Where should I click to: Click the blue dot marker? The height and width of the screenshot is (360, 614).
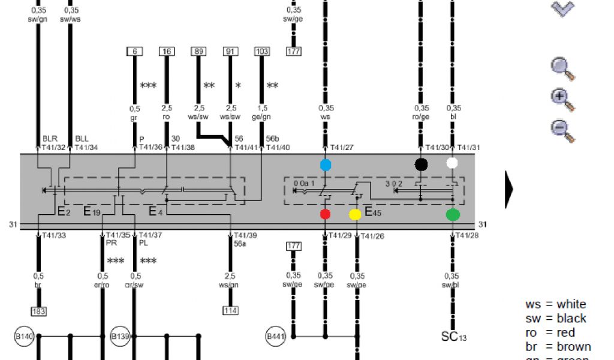point(326,164)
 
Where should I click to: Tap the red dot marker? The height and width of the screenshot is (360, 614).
point(326,214)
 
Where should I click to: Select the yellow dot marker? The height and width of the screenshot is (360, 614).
point(355,214)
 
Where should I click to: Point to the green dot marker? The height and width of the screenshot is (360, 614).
point(453,214)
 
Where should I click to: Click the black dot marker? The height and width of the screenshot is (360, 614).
point(422,163)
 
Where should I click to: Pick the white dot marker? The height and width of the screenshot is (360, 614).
point(453,163)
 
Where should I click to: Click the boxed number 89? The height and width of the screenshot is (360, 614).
point(198,52)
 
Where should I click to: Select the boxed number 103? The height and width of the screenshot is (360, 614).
point(262,52)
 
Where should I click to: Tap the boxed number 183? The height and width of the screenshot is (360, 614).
point(39,311)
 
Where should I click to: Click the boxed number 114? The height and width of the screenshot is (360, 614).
point(230,311)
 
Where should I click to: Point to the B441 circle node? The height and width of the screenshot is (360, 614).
point(275,337)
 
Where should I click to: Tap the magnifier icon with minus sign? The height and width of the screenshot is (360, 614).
point(562,130)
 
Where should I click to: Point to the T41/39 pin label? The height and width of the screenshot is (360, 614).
point(245,235)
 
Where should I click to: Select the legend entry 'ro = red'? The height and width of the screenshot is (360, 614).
point(550,332)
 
